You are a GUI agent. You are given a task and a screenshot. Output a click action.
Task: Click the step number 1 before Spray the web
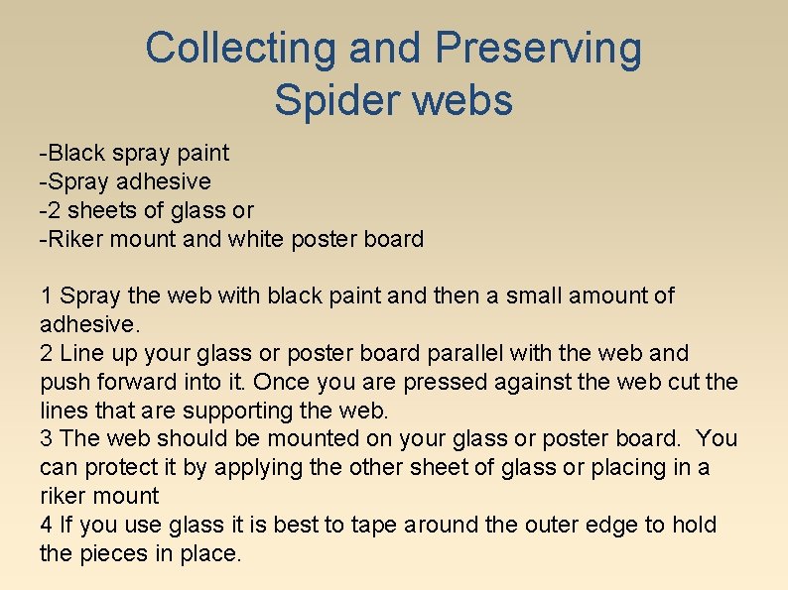[x=46, y=295]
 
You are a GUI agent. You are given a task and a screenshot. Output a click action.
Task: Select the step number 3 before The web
[x=46, y=438]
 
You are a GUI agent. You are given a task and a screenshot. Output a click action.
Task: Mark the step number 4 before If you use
[x=46, y=525]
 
